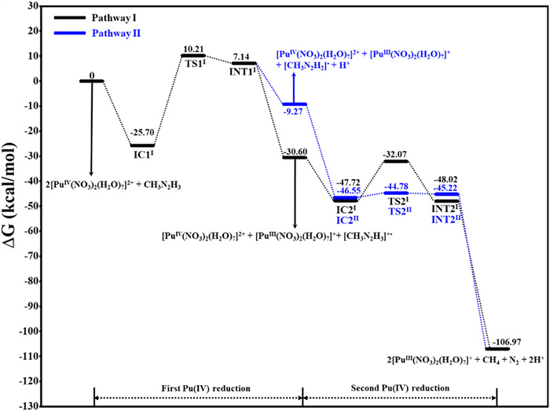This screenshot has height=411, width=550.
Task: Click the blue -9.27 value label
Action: coord(295,113)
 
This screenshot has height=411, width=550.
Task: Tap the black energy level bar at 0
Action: coord(92,81)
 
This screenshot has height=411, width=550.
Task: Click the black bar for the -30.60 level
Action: coord(294,157)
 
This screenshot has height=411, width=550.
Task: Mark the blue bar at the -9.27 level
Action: coord(294,104)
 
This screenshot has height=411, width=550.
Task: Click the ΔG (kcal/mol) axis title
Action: coord(13,206)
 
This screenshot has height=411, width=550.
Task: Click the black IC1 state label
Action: coord(143,153)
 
